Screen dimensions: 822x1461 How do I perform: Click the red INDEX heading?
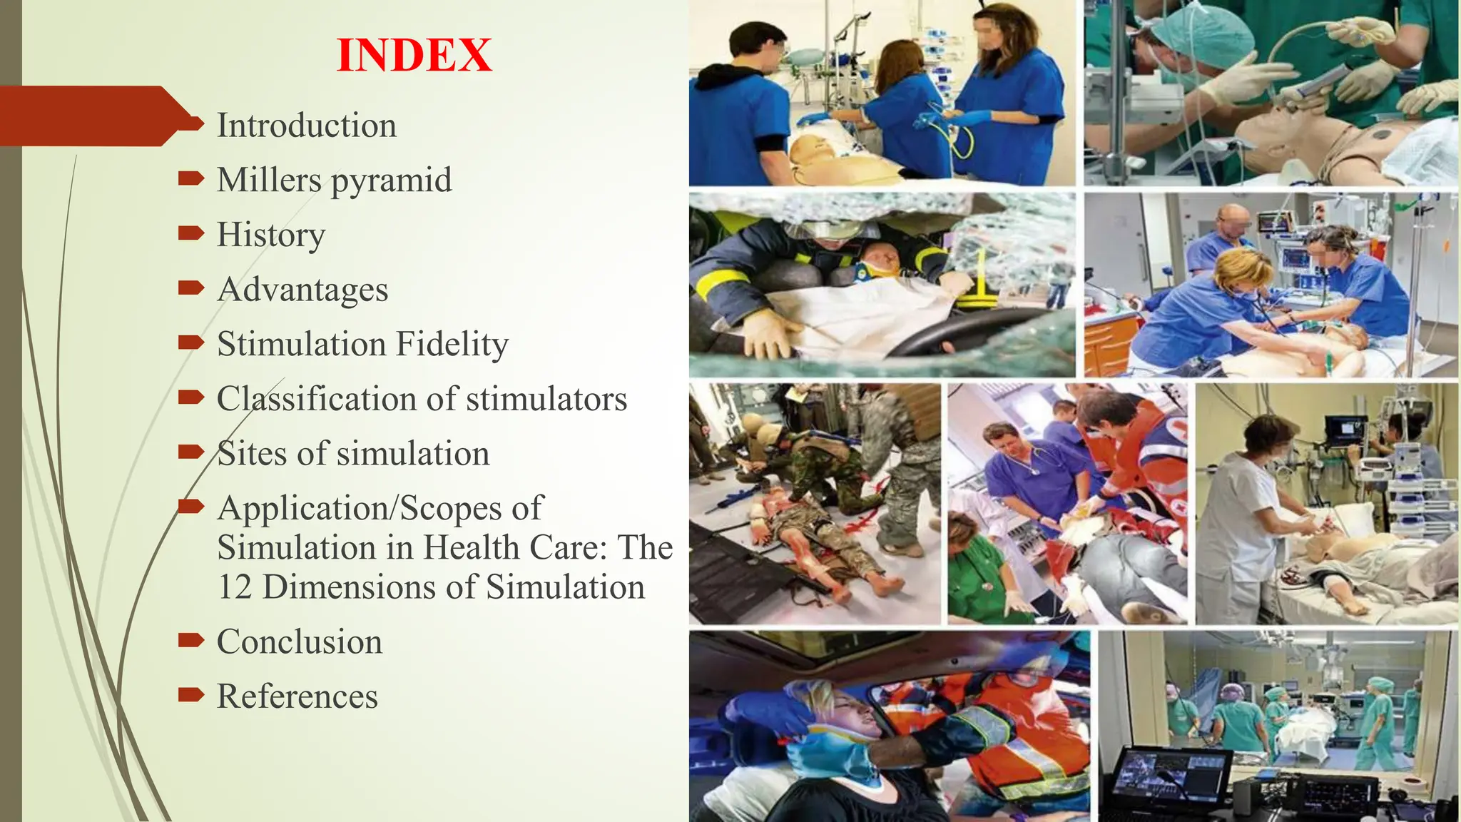point(414,56)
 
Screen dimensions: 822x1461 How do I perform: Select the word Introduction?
point(306,126)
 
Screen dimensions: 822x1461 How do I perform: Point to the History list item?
point(270,235)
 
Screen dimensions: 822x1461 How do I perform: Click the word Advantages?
point(302,290)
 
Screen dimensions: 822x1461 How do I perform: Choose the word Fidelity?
point(452,344)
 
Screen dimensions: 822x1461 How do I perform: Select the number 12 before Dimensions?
point(234,587)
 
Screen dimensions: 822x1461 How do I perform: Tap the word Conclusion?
point(299,641)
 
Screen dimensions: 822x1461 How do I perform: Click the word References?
point(297,696)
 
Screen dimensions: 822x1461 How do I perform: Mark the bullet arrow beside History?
point(190,233)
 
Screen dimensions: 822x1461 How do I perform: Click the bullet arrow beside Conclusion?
point(190,639)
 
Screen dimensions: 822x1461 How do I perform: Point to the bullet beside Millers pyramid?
point(190,178)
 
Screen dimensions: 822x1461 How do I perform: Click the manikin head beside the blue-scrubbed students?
point(813,151)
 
